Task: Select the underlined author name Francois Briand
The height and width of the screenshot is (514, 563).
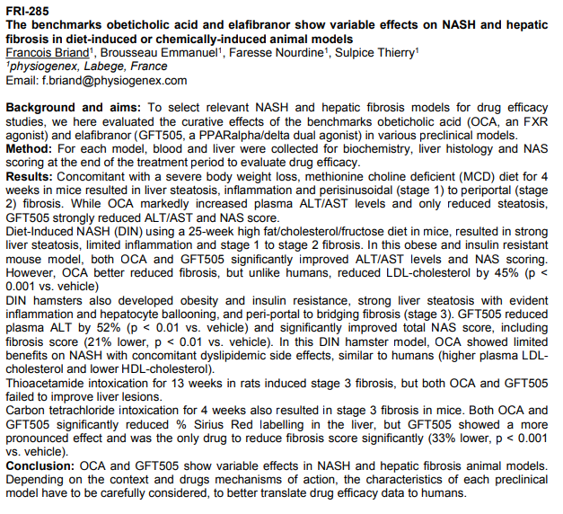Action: [46, 52]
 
